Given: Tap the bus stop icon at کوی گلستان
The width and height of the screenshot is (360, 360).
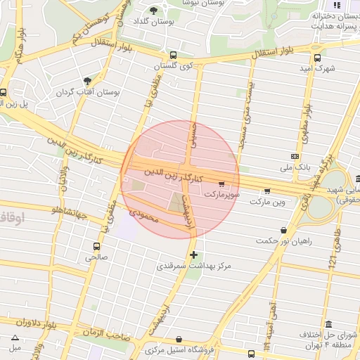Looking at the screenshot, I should pyautogui.click(x=174, y=56).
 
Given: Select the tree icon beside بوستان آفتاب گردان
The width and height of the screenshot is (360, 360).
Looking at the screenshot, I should pyautogui.click(x=87, y=82).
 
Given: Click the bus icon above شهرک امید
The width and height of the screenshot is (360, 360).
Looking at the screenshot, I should pyautogui.click(x=317, y=58).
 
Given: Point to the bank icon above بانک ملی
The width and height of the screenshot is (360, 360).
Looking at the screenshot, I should pyautogui.click(x=295, y=156).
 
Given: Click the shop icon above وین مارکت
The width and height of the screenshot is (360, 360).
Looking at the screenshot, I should pyautogui.click(x=266, y=190).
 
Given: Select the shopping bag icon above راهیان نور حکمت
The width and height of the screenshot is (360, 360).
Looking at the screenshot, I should pyautogui.click(x=283, y=230).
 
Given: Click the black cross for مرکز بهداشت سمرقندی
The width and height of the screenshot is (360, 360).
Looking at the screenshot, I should pyautogui.click(x=194, y=255).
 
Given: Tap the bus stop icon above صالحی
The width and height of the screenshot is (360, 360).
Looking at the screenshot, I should pyautogui.click(x=96, y=246).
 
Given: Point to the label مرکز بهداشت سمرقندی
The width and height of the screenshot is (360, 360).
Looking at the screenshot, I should pyautogui.click(x=194, y=266).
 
